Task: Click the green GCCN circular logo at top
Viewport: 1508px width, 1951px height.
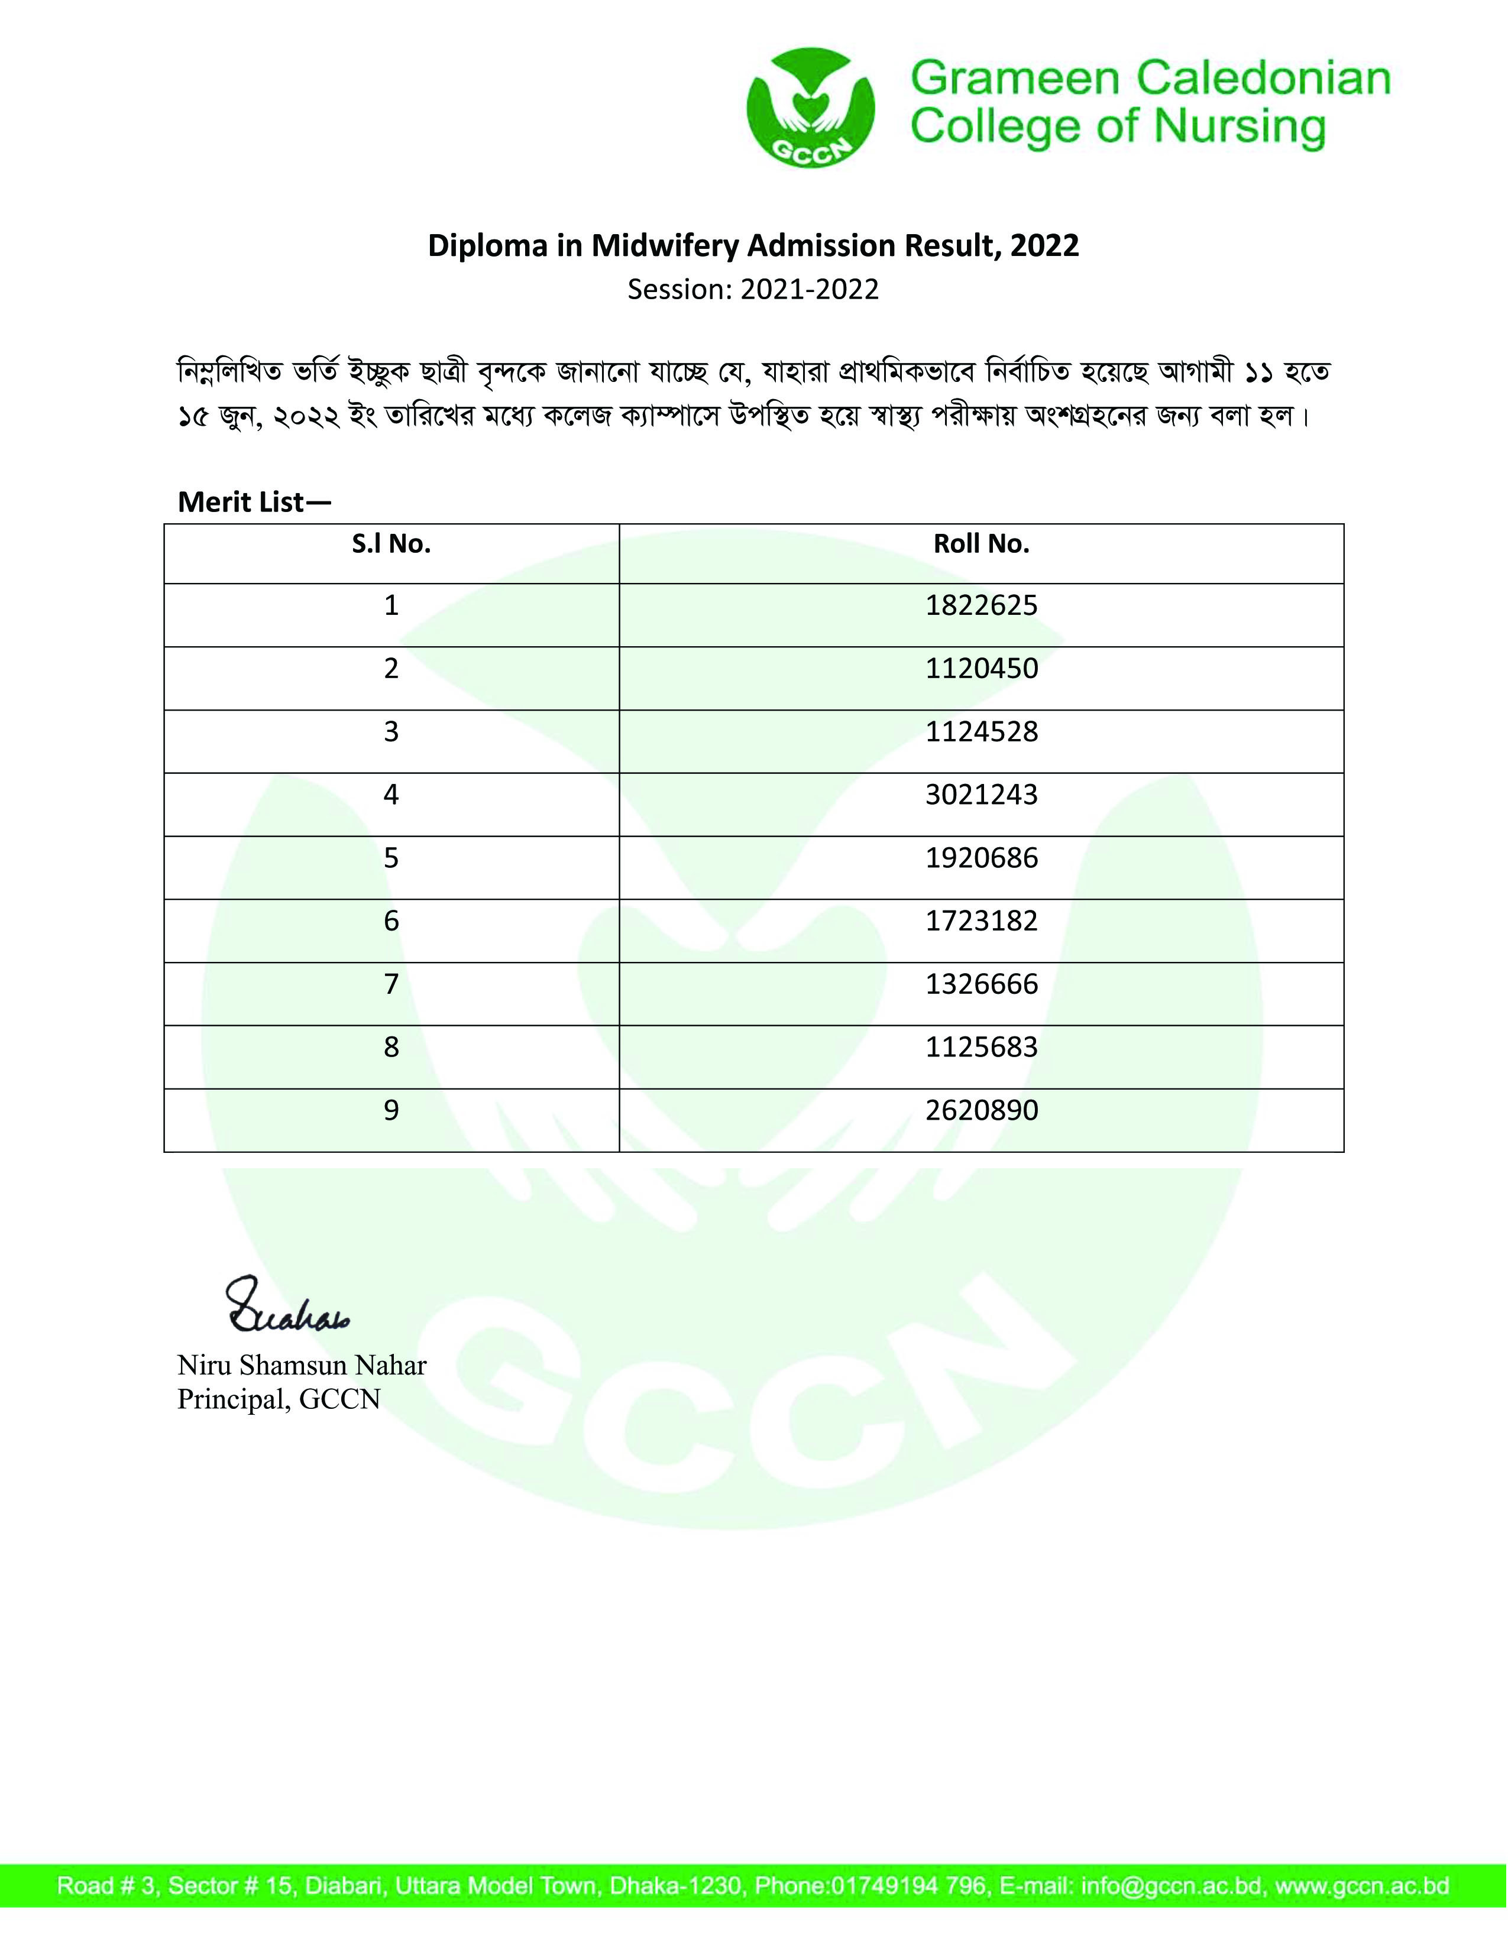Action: [x=810, y=107]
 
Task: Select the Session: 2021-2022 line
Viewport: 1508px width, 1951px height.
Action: [x=753, y=290]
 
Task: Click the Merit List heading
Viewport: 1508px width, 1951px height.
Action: [x=254, y=502]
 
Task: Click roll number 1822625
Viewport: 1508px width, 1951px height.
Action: [x=981, y=605]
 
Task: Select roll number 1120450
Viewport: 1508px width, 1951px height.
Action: [x=981, y=669]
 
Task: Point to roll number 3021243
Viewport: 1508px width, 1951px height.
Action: [x=981, y=795]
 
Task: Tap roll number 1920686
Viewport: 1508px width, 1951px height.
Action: [x=981, y=858]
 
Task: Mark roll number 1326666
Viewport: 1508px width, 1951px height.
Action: [x=981, y=984]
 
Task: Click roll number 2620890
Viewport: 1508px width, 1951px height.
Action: [x=981, y=1110]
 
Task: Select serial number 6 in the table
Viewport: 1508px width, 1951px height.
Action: [x=391, y=921]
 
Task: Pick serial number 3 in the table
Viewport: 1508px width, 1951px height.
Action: [x=391, y=732]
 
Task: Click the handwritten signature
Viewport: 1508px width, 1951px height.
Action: [x=286, y=1306]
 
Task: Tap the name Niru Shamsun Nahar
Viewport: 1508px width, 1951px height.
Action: [x=302, y=1365]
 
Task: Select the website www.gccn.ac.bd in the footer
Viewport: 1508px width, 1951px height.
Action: [x=1361, y=1887]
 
